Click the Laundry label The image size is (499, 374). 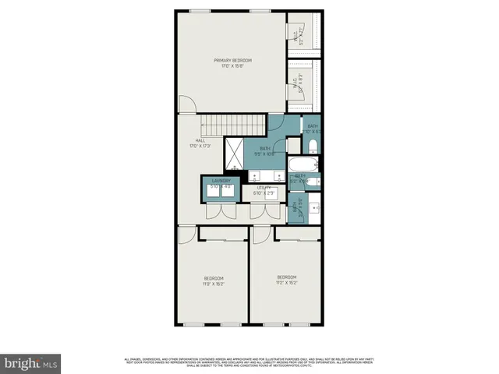point(221,181)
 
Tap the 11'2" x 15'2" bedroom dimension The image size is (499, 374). point(287,284)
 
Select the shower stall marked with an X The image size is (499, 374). point(235,153)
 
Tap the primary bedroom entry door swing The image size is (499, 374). point(185,104)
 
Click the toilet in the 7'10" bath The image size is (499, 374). point(312,146)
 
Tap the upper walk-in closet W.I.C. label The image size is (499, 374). point(298,34)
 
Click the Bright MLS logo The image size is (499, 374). point(30,362)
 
